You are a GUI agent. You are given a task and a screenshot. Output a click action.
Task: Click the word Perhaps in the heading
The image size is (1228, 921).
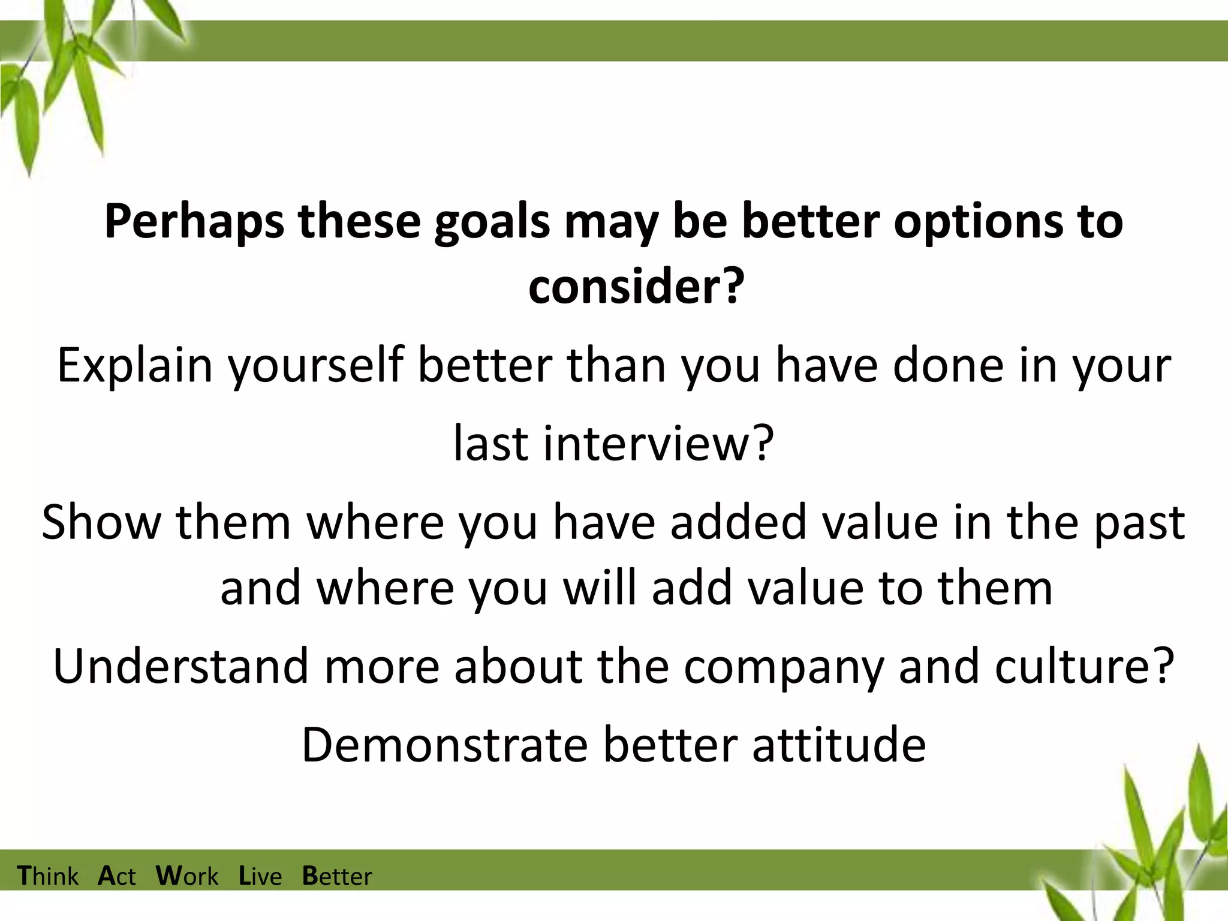pyautogui.click(x=194, y=222)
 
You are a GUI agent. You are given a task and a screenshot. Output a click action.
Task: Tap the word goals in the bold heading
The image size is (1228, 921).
pyautogui.click(x=492, y=222)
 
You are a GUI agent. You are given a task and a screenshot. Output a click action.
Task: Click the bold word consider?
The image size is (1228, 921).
pyautogui.click(x=636, y=287)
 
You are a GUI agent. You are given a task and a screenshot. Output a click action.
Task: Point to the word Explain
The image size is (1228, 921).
pyautogui.click(x=135, y=365)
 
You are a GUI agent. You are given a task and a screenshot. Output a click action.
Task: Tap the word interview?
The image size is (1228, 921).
pyautogui.click(x=658, y=444)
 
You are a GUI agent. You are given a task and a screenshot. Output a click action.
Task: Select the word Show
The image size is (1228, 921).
pyautogui.click(x=101, y=522)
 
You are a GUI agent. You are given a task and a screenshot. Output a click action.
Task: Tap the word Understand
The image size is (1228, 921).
pyautogui.click(x=180, y=666)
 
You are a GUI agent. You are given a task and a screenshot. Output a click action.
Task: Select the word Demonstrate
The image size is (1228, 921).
pyautogui.click(x=444, y=745)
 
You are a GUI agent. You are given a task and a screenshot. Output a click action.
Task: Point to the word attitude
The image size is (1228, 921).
pyautogui.click(x=839, y=745)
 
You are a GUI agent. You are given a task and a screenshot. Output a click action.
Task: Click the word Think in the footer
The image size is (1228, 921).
pyautogui.click(x=47, y=876)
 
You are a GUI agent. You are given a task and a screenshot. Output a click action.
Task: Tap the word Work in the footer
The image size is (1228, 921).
pyautogui.click(x=187, y=876)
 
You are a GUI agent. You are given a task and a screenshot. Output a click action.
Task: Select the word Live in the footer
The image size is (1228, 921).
pyautogui.click(x=260, y=876)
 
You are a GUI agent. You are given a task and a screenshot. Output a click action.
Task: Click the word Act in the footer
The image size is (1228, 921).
pyautogui.click(x=117, y=876)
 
